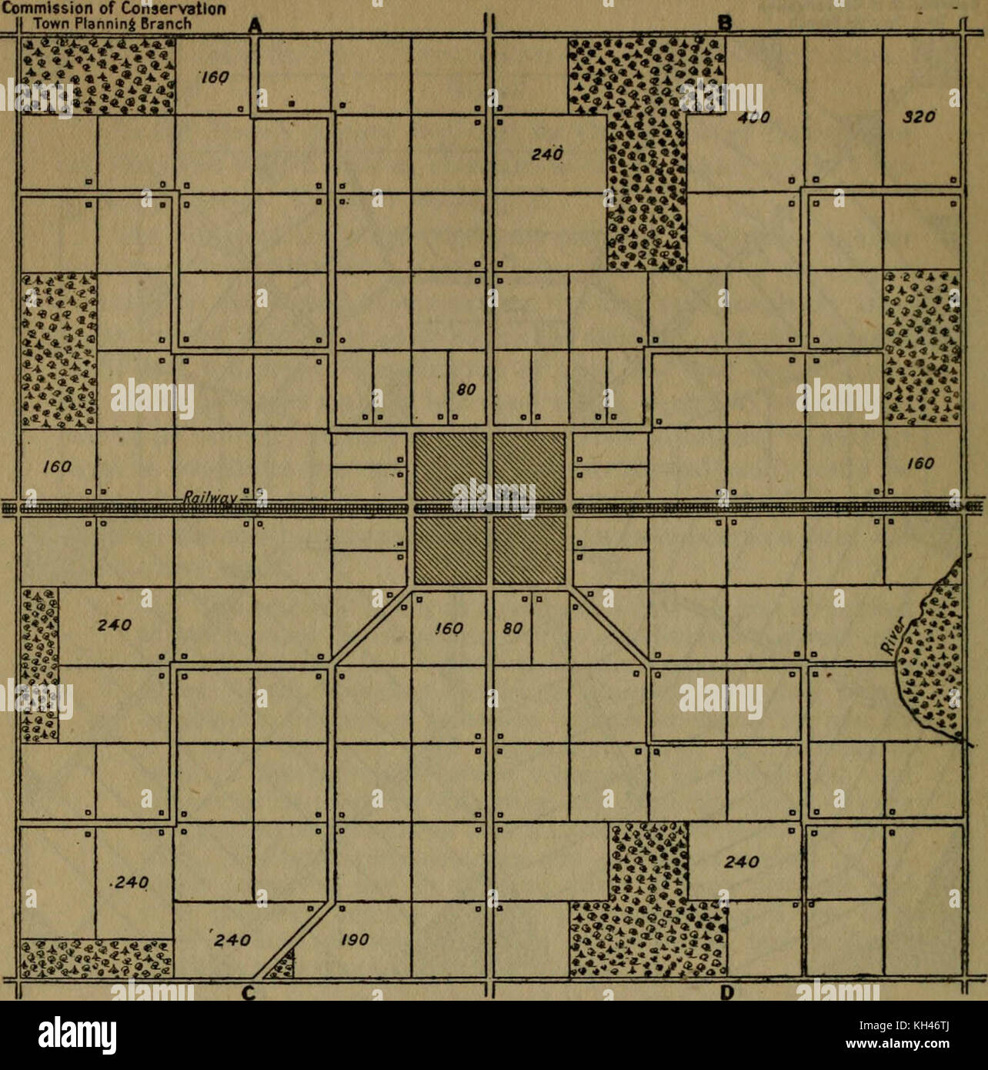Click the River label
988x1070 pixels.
click(x=895, y=636)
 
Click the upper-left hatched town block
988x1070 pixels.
click(x=449, y=467)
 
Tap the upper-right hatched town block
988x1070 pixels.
click(x=529, y=467)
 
